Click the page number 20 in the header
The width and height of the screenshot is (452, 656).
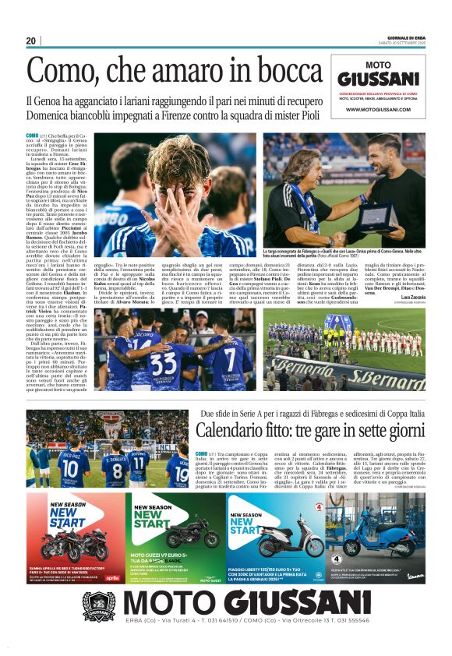coord(30,41)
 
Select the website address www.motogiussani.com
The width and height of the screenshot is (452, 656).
coord(379,111)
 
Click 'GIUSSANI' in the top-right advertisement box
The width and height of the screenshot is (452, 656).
coord(379,79)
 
